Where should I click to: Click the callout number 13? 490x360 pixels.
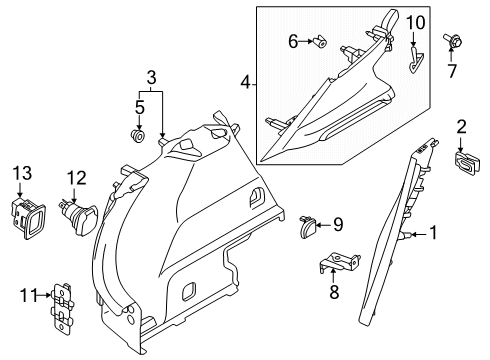point(22,173)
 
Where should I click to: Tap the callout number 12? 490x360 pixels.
point(77,178)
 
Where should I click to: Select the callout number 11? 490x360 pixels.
point(30,295)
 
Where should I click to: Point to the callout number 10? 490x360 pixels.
point(416,23)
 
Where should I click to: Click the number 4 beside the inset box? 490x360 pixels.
point(245,82)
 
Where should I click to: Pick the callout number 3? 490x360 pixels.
point(151,78)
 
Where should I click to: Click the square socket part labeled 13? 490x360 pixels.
point(28,218)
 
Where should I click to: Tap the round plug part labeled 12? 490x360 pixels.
point(78,217)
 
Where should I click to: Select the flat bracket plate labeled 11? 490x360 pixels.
point(62,308)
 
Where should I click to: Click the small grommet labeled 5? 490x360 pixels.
point(137,135)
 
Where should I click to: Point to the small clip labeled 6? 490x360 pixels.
point(319,42)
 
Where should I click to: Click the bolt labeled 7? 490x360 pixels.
point(452,41)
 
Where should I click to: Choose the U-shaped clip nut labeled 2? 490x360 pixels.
point(467,162)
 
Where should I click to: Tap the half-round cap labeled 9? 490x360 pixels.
point(308,227)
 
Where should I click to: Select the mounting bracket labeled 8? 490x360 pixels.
point(339,261)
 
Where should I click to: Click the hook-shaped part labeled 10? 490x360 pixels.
point(414,59)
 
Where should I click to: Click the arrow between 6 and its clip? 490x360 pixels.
point(306,41)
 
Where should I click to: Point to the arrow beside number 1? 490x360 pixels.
point(419,235)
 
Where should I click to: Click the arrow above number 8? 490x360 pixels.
point(333,275)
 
